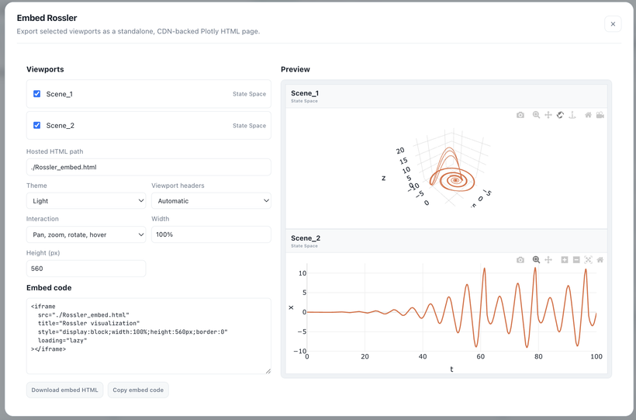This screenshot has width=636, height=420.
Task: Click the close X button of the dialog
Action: pos(613,24)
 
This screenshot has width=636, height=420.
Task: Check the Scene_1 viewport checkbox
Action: pos(37,94)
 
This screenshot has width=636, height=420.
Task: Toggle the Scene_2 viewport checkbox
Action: pos(37,125)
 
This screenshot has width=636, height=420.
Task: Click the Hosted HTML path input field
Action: pos(148,167)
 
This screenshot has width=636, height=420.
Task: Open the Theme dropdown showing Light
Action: pos(86,200)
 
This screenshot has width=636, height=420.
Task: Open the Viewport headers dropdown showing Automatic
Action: pos(211,200)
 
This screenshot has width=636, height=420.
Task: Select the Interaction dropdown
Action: pos(86,234)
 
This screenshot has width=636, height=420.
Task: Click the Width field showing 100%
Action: pos(211,234)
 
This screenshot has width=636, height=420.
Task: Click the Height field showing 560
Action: pos(86,269)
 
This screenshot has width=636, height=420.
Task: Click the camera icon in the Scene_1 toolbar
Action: pos(520,115)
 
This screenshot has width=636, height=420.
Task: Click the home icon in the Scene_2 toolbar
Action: pos(600,260)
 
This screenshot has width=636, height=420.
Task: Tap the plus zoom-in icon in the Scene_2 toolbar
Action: pos(564,260)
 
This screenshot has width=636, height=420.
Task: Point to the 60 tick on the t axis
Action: pos(481,356)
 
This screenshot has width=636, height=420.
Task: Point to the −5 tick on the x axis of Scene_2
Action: pos(301,331)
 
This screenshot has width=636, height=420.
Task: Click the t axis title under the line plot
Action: pos(451,370)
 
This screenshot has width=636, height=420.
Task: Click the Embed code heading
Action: pos(49,287)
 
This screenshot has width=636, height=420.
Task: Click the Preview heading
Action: pos(296,69)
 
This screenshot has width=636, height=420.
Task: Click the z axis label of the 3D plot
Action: pos(384,178)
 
